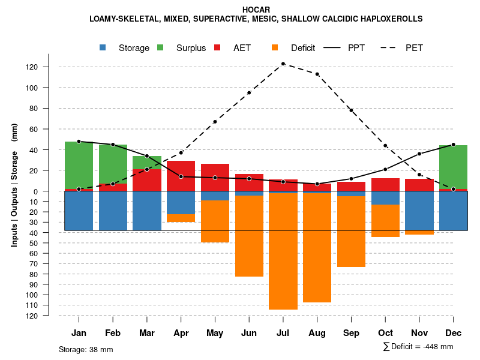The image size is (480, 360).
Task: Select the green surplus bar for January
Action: click(x=79, y=165)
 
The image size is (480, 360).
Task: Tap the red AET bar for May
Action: click(x=215, y=177)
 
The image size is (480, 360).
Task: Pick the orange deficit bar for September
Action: click(x=351, y=232)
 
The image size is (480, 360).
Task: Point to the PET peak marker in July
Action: click(x=283, y=64)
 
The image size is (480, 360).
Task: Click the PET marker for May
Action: click(x=215, y=122)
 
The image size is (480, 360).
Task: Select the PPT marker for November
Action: click(x=419, y=154)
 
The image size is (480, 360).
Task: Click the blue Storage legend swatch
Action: click(x=103, y=48)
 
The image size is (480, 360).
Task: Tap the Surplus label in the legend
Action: click(x=191, y=48)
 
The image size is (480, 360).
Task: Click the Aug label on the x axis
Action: click(x=317, y=333)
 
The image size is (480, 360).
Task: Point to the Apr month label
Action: click(x=181, y=333)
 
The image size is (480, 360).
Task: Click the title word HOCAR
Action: click(x=256, y=10)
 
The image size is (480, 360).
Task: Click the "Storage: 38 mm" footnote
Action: click(x=86, y=349)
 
